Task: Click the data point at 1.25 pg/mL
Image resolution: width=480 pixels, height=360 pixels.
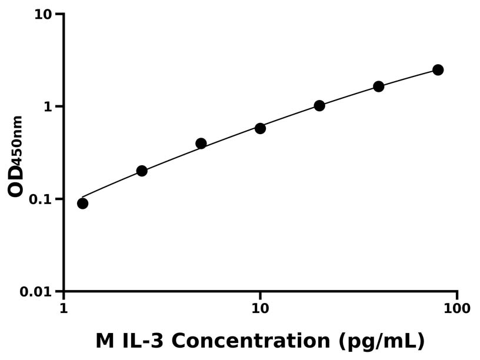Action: pyautogui.click(x=82, y=204)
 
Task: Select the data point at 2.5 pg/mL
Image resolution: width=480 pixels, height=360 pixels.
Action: pyautogui.click(x=142, y=171)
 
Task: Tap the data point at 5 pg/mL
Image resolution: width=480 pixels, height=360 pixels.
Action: pyautogui.click(x=201, y=144)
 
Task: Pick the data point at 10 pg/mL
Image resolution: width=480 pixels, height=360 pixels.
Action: pyautogui.click(x=260, y=128)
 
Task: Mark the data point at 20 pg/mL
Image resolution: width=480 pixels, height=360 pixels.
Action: pyautogui.click(x=319, y=106)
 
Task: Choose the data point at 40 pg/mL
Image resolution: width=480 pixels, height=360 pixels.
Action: pyautogui.click(x=379, y=86)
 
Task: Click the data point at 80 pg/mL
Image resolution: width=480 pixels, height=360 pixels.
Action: pyautogui.click(x=438, y=70)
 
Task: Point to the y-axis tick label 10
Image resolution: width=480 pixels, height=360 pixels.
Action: pyautogui.click(x=43, y=14)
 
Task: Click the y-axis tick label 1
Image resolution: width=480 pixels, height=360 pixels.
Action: pyautogui.click(x=49, y=107)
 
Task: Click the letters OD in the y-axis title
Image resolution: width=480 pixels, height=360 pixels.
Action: pyautogui.click(x=16, y=180)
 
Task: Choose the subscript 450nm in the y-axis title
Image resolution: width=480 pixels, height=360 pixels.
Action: pyautogui.click(x=18, y=139)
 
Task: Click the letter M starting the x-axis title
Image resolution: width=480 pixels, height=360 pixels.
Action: pyautogui.click(x=104, y=341)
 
